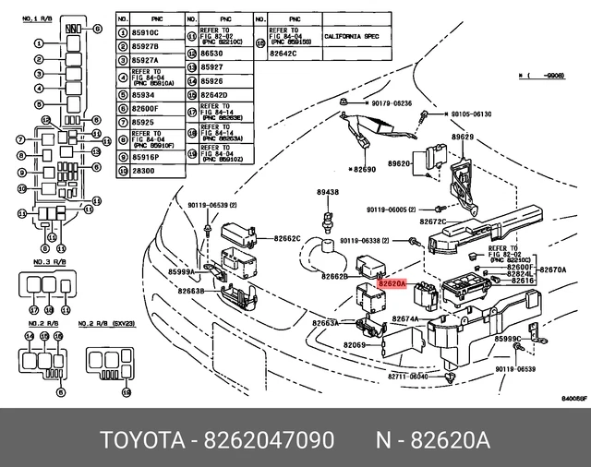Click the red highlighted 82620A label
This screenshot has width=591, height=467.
click(392, 285)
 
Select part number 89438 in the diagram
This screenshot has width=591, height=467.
click(328, 192)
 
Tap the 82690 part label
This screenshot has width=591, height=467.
click(365, 171)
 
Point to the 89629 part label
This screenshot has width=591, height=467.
click(462, 137)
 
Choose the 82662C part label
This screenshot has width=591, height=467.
click(287, 238)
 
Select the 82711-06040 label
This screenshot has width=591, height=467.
click(407, 377)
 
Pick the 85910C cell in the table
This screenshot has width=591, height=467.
click(147, 33)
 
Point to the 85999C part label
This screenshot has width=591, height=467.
click(508, 339)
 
